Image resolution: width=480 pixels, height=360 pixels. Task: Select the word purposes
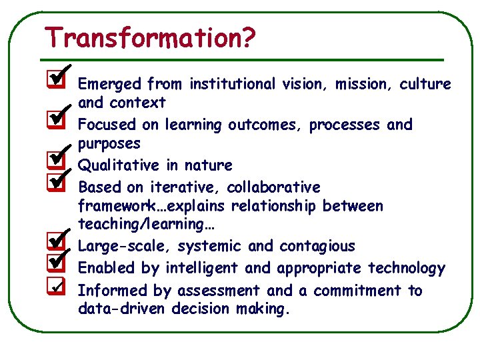coord(109,144)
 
